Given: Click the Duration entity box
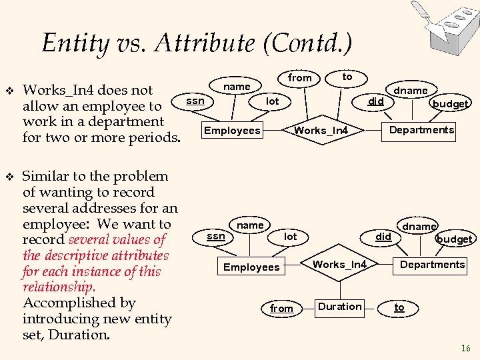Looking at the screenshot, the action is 340,307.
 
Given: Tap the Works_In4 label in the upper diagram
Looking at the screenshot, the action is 321,130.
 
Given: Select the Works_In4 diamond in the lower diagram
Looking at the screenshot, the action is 339,265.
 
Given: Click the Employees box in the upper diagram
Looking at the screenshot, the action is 232,130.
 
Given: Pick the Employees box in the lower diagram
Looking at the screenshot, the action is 251,267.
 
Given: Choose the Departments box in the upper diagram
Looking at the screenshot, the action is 421,130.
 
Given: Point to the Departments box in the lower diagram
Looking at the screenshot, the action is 432,265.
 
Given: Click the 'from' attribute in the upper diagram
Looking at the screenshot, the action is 299,78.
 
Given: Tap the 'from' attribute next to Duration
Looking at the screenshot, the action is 281,308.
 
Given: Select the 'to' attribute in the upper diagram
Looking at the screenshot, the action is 347,77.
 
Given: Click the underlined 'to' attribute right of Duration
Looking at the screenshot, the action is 399,307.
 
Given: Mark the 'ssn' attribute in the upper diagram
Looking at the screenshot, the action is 195,101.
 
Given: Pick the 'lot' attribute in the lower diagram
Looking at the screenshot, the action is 291,237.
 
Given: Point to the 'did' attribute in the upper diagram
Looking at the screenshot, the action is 377,101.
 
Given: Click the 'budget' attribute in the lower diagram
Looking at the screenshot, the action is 454,239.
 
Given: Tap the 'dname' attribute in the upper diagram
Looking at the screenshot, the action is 411,90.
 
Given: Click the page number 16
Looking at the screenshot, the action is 465,348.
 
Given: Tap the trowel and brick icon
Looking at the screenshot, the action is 441,21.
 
